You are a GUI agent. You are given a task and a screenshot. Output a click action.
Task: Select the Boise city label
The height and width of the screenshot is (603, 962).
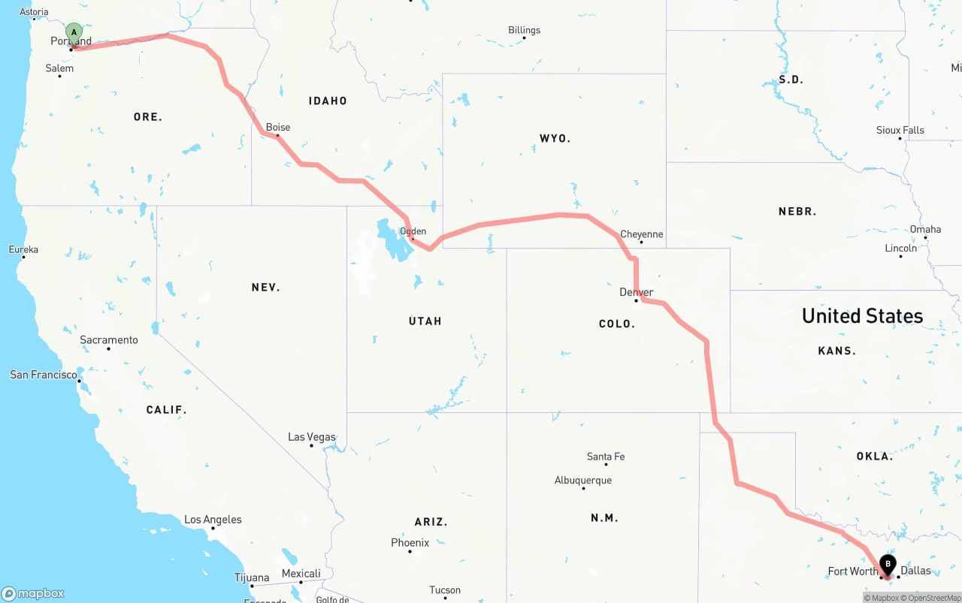tap(278, 127)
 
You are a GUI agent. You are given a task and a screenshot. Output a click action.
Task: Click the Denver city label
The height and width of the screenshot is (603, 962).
tap(636, 292)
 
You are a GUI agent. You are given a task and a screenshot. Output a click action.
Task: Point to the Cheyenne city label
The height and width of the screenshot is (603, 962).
tap(641, 234)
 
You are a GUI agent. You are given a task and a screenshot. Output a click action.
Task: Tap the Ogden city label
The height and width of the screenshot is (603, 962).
tap(413, 231)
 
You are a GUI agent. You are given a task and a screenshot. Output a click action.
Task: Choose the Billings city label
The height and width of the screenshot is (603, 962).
tap(524, 30)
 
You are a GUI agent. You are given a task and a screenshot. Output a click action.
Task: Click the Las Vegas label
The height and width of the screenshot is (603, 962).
tap(312, 437)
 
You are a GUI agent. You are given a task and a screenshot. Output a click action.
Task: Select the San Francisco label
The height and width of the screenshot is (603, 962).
tap(44, 374)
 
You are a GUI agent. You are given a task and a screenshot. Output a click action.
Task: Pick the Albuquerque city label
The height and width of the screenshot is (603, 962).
tap(583, 481)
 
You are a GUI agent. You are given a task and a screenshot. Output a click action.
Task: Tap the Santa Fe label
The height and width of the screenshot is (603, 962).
tap(605, 457)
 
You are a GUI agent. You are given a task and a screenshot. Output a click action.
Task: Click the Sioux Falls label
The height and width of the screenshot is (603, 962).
tap(900, 130)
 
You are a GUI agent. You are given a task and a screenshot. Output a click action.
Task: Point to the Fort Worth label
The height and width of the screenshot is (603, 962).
tap(853, 571)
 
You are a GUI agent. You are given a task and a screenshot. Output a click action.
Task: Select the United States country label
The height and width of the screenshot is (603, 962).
tap(862, 315)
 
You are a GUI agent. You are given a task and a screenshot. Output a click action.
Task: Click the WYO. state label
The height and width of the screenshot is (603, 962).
tap(555, 138)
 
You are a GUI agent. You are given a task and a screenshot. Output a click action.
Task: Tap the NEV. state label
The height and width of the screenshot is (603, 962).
tap(265, 287)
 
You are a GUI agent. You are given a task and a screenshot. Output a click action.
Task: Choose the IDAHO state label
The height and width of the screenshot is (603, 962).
tap(328, 101)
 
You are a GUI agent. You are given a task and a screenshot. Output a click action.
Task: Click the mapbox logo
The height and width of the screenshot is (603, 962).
tap(33, 593)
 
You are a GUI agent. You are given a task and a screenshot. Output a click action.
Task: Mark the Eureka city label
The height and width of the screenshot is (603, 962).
tap(23, 249)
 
